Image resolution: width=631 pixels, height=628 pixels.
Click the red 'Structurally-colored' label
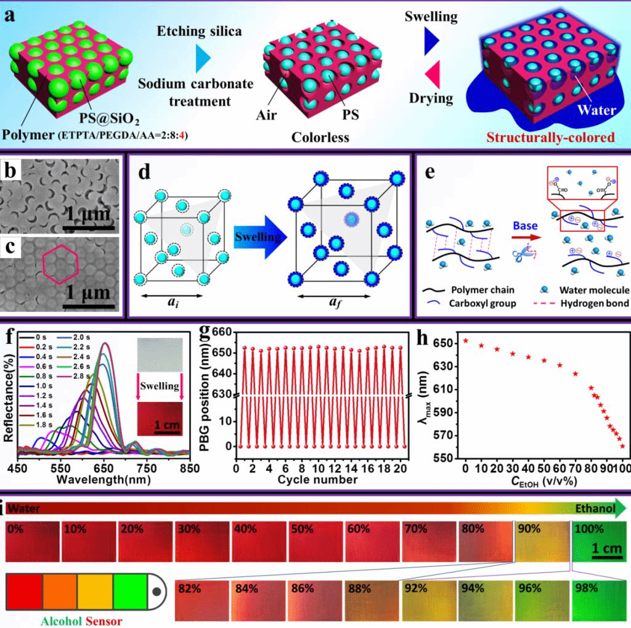(550, 137)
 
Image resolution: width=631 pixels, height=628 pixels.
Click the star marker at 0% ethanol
(466, 340)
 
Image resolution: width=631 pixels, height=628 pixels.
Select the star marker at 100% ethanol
(622, 446)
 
